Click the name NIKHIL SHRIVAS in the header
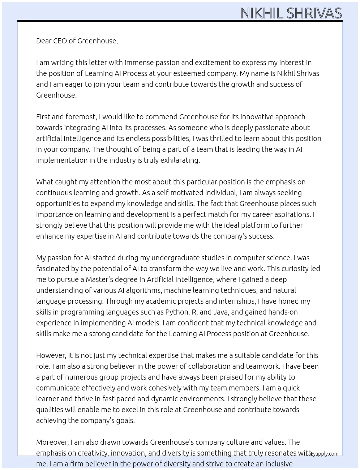(x=291, y=13)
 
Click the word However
(x=51, y=355)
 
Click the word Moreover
(x=52, y=442)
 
